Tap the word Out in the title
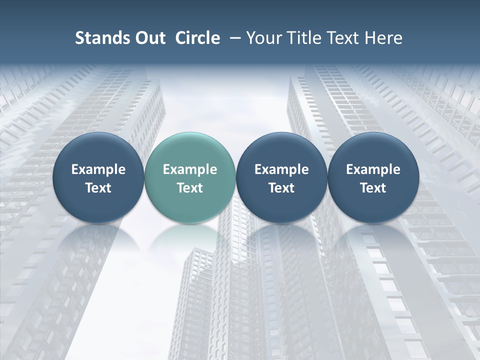148,38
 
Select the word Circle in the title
197,38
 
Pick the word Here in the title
383,38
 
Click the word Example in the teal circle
190,169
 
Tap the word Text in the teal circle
190,188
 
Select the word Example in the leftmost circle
98,169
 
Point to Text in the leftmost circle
98,188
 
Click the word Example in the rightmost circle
373,169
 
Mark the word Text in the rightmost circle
373,188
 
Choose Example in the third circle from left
281,169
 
